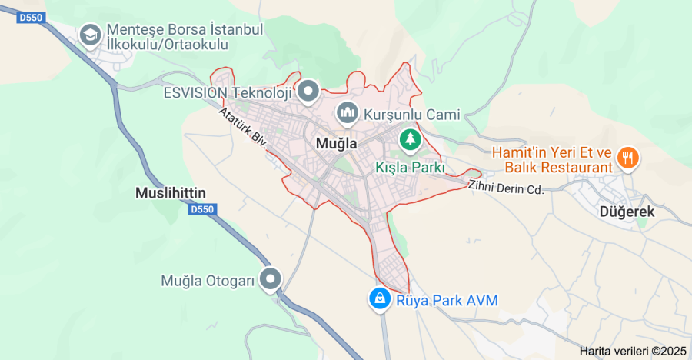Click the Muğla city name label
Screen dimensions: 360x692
click(x=337, y=144)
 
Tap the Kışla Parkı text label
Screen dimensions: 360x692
click(x=410, y=166)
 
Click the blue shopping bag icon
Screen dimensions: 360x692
click(x=379, y=299)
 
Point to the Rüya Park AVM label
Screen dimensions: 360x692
click(x=447, y=300)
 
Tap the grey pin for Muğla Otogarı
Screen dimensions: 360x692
click(x=271, y=280)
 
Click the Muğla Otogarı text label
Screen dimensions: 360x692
click(x=208, y=281)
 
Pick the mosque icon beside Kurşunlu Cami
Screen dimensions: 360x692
click(x=348, y=115)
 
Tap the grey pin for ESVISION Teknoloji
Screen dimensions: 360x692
click(x=309, y=92)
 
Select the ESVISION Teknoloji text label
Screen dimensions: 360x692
click(x=228, y=93)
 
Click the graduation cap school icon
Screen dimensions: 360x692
click(x=91, y=35)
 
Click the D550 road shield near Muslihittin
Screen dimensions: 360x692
click(x=201, y=209)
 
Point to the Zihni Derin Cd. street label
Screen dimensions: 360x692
click(x=505, y=187)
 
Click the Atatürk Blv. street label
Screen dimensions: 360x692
click(x=241, y=128)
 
